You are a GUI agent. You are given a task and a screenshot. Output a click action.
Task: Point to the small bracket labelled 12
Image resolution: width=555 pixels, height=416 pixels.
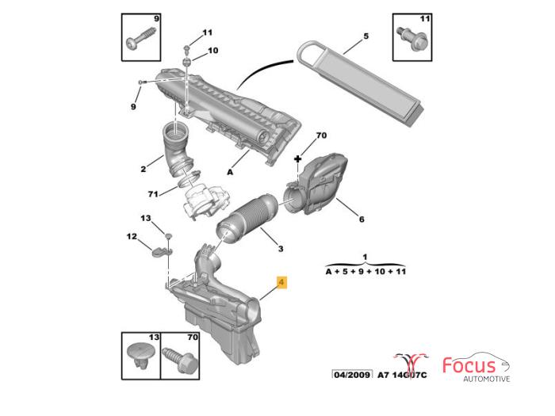(162, 252)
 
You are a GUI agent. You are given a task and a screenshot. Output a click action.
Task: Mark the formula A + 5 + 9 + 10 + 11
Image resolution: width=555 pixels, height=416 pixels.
(365, 270)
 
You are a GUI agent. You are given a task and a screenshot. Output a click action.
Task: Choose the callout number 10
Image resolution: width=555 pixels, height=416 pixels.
(212, 51)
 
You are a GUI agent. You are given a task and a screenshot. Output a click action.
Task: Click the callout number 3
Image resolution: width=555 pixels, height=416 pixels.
(279, 250)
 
